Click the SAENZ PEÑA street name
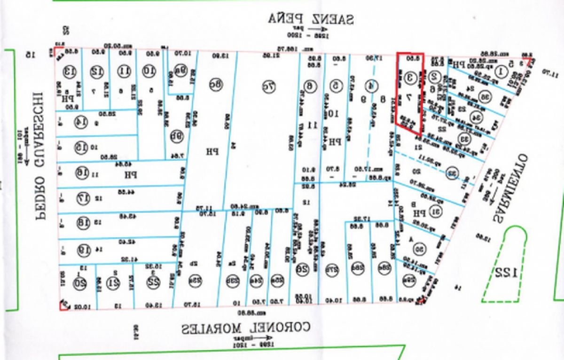click(x=311, y=19)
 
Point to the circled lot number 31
click(x=435, y=211)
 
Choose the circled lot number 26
click(x=301, y=270)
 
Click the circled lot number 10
click(x=149, y=72)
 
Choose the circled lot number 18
click(x=83, y=223)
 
